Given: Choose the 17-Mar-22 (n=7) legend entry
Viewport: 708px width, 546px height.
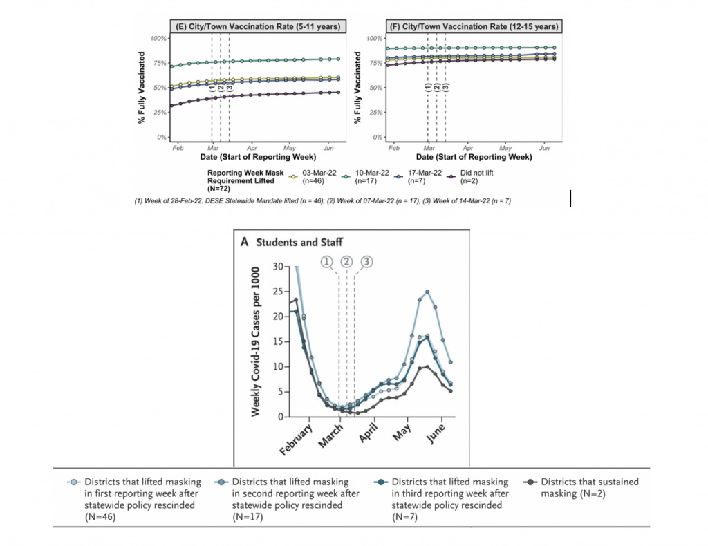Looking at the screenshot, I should [422, 178].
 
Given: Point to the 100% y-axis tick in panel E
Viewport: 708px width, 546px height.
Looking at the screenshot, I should [158, 37].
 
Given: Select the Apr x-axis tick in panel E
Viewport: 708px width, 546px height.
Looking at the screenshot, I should [252, 149].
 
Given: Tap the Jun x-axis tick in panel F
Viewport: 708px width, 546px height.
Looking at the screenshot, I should [543, 149].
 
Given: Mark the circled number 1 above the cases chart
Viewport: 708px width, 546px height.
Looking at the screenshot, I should [326, 262].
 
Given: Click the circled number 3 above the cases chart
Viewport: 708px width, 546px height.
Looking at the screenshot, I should [366, 262].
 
